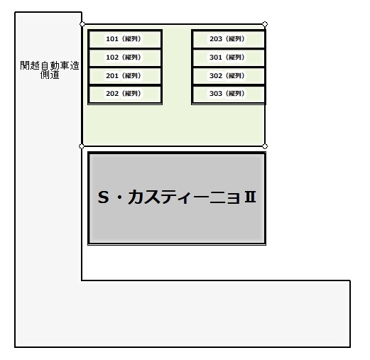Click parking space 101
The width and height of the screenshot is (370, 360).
pyautogui.click(x=125, y=39)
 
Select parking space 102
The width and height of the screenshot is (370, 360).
pyautogui.click(x=125, y=58)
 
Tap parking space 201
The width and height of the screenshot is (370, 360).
pyautogui.click(x=125, y=76)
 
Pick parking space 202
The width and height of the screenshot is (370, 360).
pyautogui.click(x=125, y=94)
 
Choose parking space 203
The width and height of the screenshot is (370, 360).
pyautogui.click(x=229, y=39)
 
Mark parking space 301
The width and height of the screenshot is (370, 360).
pyautogui.click(x=229, y=58)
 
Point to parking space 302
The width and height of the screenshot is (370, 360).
pyautogui.click(x=229, y=76)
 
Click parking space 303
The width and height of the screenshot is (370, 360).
pyautogui.click(x=229, y=94)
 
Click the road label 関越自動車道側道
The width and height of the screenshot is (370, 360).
pyautogui.click(x=50, y=70)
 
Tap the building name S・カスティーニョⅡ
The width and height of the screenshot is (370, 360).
pyautogui.click(x=177, y=197)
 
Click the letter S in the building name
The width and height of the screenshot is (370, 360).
pyautogui.click(x=104, y=197)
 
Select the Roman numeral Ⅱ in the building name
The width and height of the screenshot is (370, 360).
pyautogui.click(x=250, y=197)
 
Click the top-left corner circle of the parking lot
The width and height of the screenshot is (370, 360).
pyautogui.click(x=82, y=24)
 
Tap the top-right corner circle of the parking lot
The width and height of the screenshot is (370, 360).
pyautogui.click(x=265, y=24)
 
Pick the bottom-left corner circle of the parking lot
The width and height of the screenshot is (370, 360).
pyautogui.click(x=82, y=146)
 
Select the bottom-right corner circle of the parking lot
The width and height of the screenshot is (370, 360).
pyautogui.click(x=265, y=146)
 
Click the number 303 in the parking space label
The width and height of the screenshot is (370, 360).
pyautogui.click(x=216, y=94)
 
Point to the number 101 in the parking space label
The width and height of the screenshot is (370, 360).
pyautogui.click(x=112, y=38)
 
